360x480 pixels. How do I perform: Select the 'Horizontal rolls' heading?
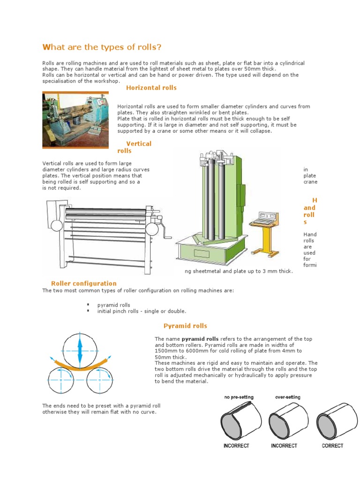(x=151, y=88)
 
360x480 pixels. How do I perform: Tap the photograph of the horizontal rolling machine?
(x=75, y=120)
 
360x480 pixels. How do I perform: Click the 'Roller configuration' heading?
(x=83, y=283)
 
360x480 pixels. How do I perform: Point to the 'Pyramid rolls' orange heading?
(x=185, y=326)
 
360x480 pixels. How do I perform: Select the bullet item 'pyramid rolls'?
(x=113, y=305)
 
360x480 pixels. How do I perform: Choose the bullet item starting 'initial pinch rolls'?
(x=142, y=311)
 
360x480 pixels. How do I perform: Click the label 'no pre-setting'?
(x=239, y=397)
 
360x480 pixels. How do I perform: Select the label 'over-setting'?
(x=287, y=397)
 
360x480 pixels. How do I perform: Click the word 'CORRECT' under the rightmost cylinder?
(x=332, y=446)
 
